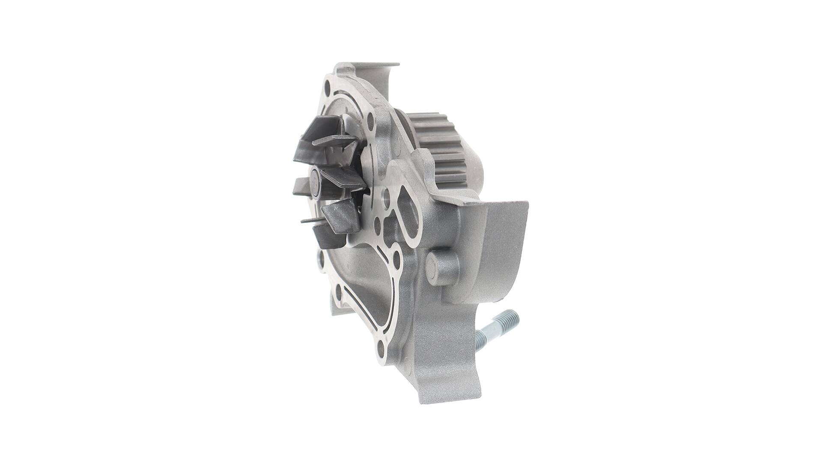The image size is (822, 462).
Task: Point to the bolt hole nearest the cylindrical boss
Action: (396, 257)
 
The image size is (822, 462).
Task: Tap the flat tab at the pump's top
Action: (368, 68)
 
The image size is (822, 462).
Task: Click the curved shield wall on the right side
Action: (509, 240)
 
